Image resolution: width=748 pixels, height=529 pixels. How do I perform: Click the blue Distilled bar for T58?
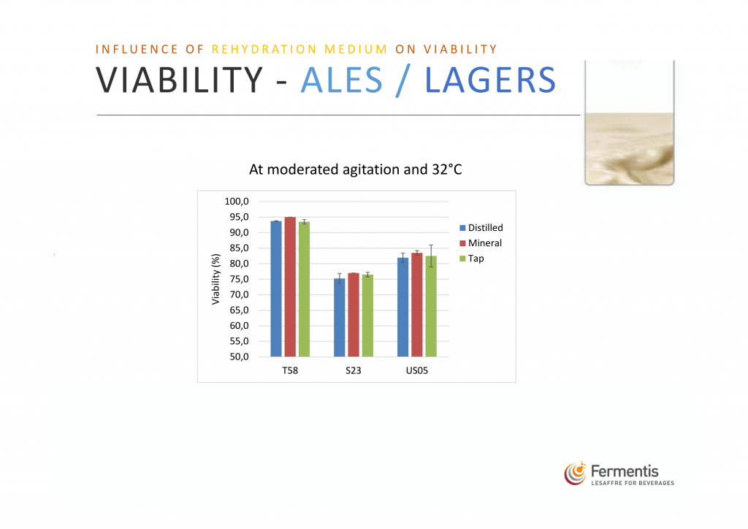275,289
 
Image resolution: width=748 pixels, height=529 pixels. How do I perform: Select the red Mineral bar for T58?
290,286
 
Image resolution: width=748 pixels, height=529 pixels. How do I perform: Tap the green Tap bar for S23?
367,316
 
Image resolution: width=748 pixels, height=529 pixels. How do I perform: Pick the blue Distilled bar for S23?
339,317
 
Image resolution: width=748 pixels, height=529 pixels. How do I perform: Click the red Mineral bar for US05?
417,305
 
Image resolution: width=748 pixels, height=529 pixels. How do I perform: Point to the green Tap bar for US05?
431,306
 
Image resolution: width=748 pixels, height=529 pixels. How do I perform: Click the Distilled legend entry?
481,227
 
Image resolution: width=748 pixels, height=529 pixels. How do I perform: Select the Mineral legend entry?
481,243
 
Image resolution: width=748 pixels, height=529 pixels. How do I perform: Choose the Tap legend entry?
472,258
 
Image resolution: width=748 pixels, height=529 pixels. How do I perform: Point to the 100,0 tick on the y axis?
237,201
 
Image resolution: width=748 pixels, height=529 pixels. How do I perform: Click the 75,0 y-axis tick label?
239,279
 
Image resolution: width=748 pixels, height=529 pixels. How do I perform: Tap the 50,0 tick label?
239,357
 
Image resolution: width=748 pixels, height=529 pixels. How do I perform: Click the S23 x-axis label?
354,370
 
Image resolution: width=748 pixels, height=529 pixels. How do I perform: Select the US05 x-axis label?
417,370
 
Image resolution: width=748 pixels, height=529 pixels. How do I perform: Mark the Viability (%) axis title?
215,279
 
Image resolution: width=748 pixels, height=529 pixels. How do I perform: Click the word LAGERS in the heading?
490,80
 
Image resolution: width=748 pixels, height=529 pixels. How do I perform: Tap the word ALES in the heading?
342,80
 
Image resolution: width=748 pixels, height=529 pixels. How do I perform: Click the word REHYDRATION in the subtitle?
264,49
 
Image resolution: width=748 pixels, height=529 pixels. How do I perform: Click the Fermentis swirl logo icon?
576,473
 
